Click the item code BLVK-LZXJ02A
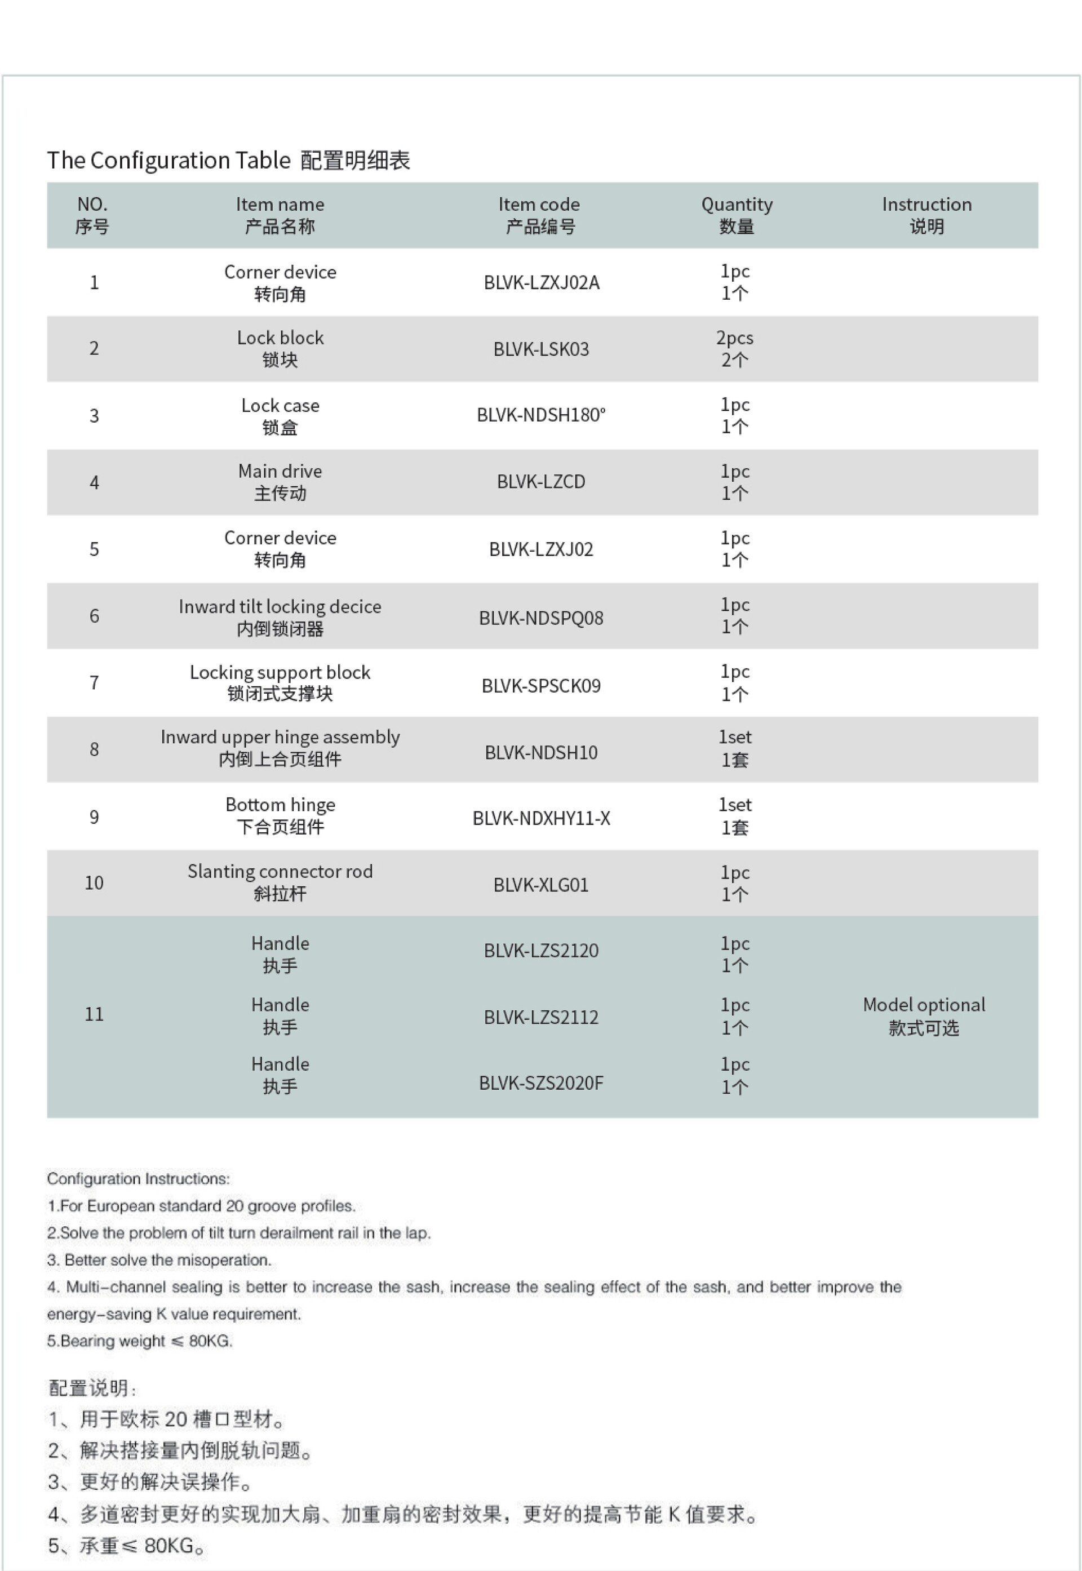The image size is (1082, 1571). point(541,283)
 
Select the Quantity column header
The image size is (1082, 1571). point(736,215)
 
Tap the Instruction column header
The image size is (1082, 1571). point(926,215)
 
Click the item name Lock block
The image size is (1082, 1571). point(280,348)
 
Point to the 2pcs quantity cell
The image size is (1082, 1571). point(735,348)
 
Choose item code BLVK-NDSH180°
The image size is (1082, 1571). point(541,415)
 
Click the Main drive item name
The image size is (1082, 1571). point(280,482)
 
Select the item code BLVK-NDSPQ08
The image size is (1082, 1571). point(541,618)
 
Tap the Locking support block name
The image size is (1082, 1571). point(280,682)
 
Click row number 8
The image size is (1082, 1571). point(94,749)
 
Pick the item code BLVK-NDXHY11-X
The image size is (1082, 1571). point(541,819)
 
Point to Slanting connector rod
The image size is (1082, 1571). point(280,882)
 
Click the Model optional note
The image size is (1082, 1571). point(923,1016)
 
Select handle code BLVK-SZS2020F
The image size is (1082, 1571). point(541,1083)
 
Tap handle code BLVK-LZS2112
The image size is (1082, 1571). point(541,1017)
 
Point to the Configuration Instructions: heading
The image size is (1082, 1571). point(138,1179)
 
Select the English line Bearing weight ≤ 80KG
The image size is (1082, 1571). point(140,1341)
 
